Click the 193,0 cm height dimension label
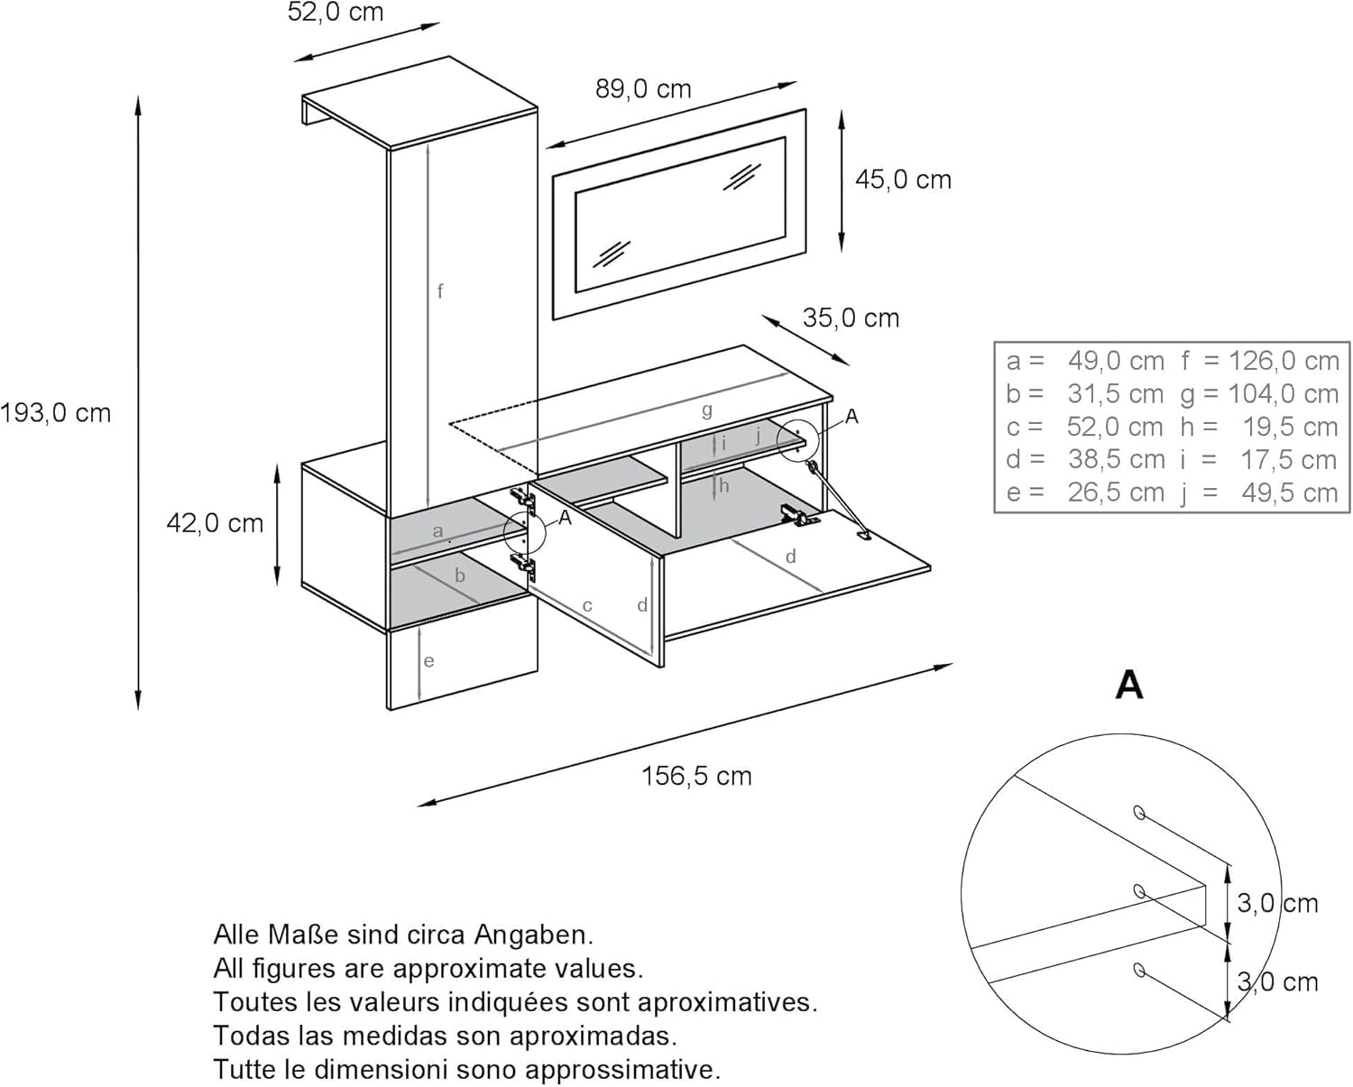[56, 413]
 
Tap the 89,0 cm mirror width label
[643, 88]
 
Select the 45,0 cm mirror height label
[903, 180]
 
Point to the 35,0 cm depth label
[851, 318]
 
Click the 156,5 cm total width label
[696, 776]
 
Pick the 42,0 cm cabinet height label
[215, 523]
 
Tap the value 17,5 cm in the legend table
[1288, 460]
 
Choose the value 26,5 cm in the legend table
[1116, 493]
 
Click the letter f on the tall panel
[440, 290]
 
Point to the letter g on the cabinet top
[707, 410]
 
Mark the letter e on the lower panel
[429, 661]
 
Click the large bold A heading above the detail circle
[1129, 685]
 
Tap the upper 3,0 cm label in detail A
[1277, 902]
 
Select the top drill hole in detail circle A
[1139, 813]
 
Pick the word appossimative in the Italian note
[623, 1070]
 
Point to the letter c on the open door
[587, 606]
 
